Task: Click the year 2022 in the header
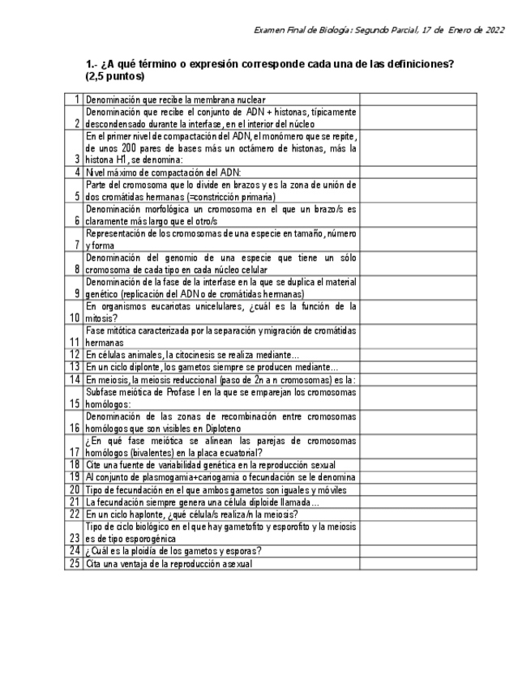click(495, 30)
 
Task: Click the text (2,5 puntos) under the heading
click(114, 76)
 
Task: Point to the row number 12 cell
click(75, 354)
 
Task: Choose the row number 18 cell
click(75, 464)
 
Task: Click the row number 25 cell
click(75, 563)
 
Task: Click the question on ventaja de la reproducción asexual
click(169, 563)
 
